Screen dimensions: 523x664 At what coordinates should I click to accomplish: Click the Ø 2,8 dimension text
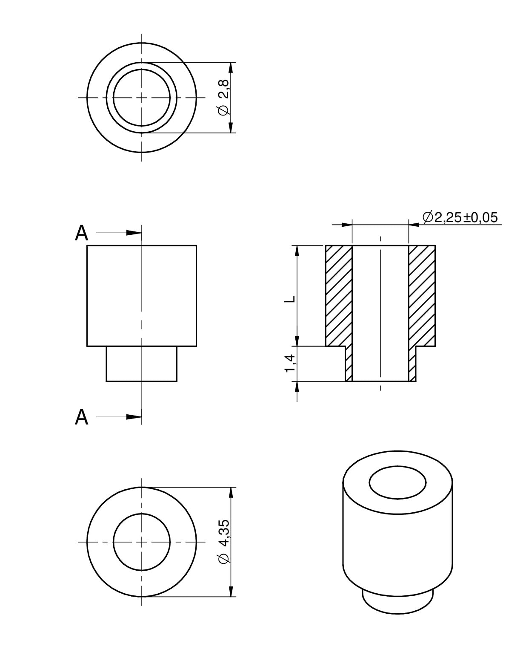(224, 97)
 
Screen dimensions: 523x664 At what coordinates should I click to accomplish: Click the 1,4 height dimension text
(290, 364)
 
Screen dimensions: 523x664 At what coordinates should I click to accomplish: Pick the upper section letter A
(81, 233)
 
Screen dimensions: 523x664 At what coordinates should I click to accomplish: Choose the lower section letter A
(81, 418)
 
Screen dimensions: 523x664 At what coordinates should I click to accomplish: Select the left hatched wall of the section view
(339, 296)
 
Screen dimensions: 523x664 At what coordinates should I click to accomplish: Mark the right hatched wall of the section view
(422, 296)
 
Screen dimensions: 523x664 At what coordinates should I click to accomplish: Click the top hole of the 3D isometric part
(397, 482)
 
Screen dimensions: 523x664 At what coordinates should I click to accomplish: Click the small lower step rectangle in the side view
(141, 364)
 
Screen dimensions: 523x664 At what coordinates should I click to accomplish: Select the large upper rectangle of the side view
(141, 296)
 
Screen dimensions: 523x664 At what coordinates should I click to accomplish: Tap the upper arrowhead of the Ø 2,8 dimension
(231, 69)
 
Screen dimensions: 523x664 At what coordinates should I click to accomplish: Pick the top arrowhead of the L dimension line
(297, 253)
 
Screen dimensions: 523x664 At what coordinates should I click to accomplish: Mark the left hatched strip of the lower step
(349, 364)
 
